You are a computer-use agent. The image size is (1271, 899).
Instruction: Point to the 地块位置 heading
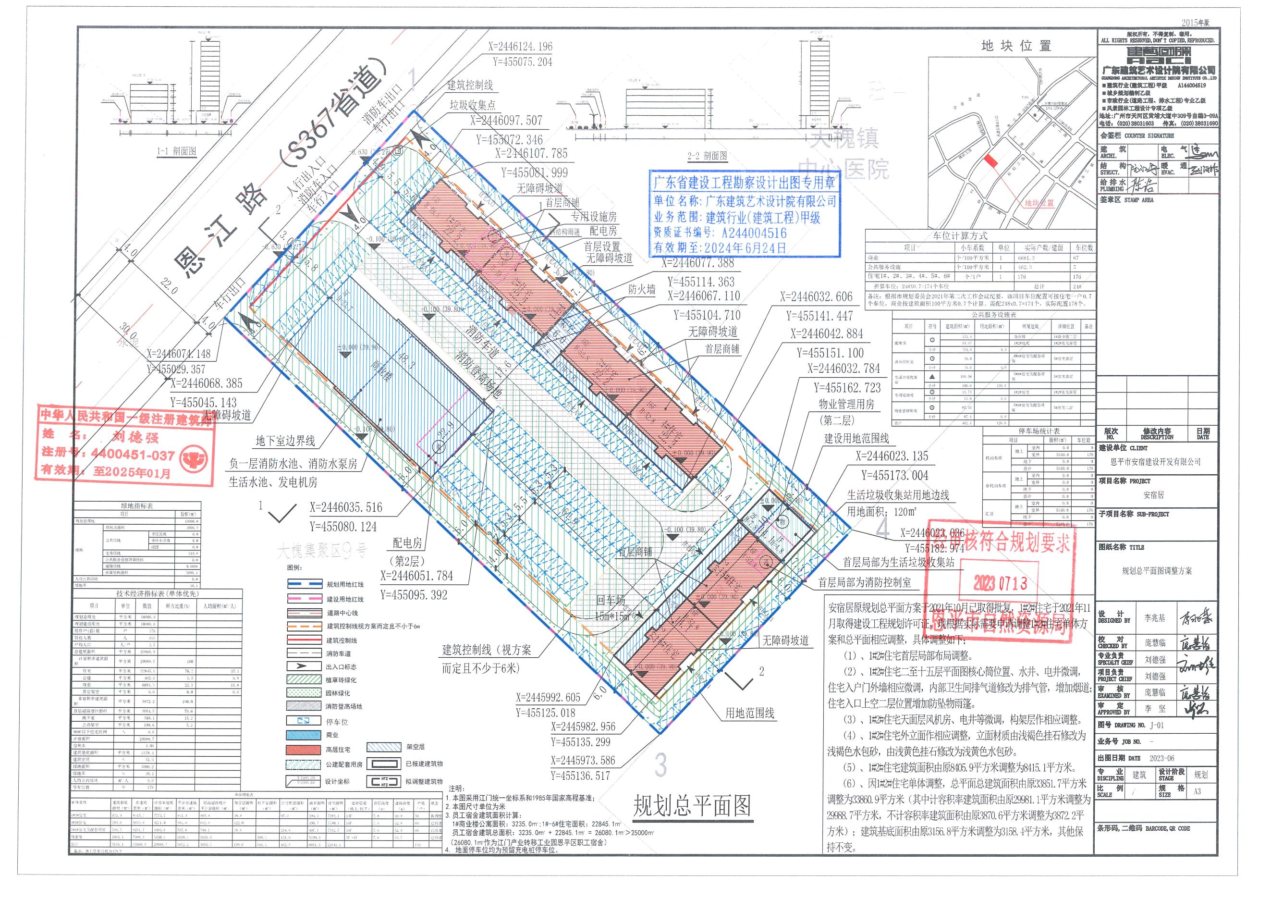tap(1016, 47)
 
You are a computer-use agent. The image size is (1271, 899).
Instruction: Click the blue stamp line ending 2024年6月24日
tap(720, 247)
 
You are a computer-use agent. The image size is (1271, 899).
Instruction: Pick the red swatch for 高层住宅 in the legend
tap(305, 750)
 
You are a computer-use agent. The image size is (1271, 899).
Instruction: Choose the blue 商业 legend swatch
tap(305, 735)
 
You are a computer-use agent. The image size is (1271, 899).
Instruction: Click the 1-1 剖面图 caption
tap(177, 151)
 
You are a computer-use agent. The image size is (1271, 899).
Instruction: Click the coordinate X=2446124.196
tap(520, 47)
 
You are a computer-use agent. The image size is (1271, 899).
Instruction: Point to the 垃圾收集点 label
tap(472, 105)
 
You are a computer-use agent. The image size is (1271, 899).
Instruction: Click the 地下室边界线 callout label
tap(285, 441)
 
